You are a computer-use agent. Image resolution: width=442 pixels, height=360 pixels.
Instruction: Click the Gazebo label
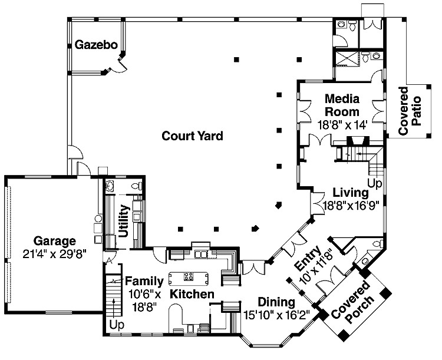pyautogui.click(x=96, y=45)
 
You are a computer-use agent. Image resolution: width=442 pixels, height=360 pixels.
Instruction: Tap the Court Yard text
pyautogui.click(x=193, y=136)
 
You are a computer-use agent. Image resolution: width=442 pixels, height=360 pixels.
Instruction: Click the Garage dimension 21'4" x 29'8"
pyautogui.click(x=54, y=253)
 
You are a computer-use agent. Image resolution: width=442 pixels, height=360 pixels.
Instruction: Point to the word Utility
pyautogui.click(x=124, y=220)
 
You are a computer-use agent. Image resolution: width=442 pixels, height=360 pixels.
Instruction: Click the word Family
pyautogui.click(x=140, y=281)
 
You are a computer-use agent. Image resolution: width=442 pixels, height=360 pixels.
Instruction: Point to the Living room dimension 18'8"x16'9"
pyautogui.click(x=350, y=205)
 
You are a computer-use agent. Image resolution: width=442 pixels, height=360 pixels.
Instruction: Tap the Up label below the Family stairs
pyautogui.click(x=116, y=325)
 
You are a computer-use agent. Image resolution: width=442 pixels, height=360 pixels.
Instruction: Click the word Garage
pyautogui.click(x=54, y=241)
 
